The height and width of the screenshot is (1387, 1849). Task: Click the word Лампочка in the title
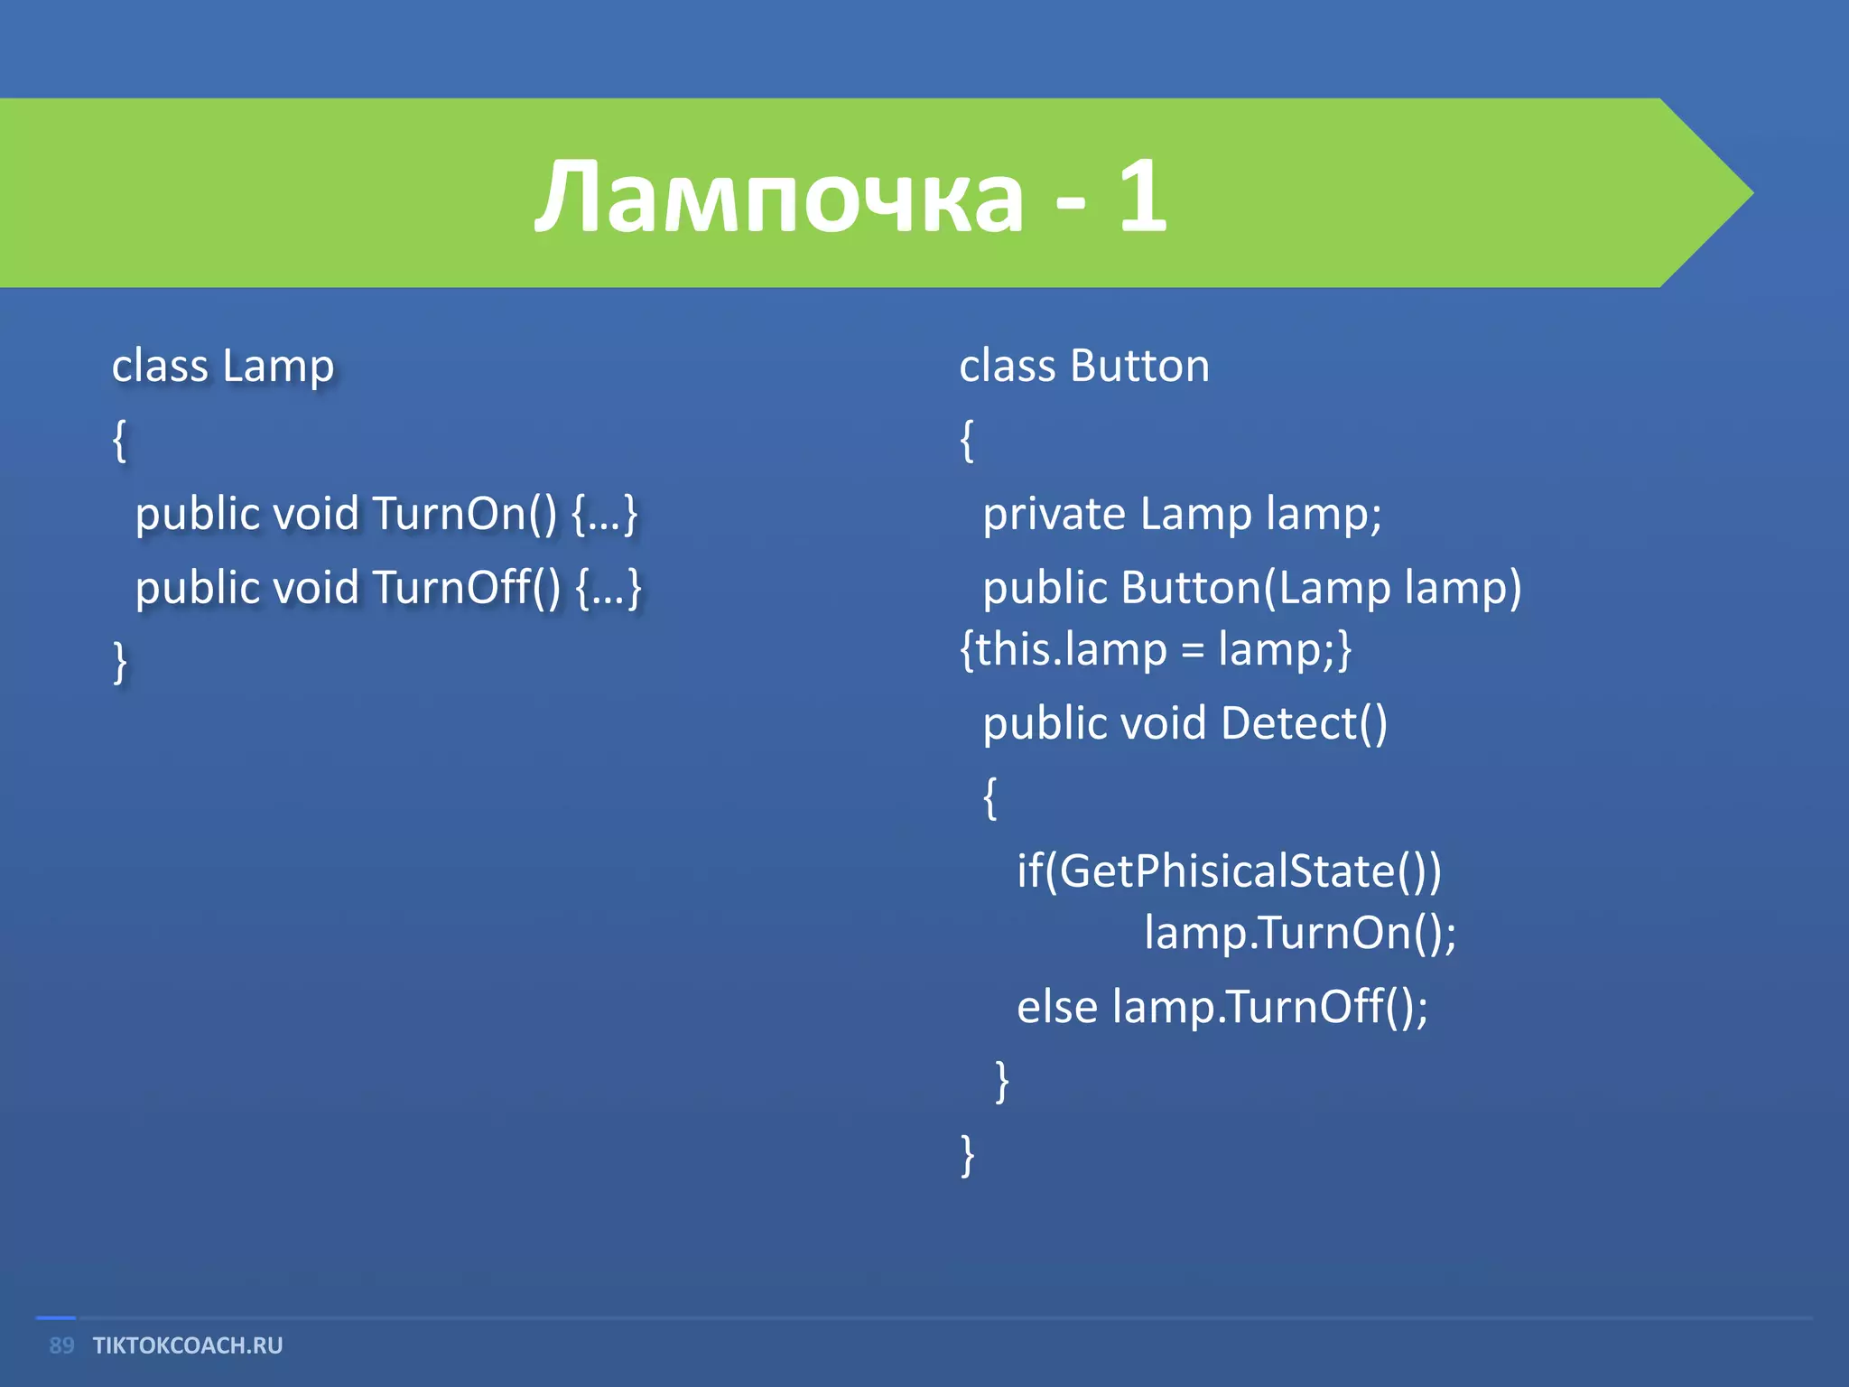(x=778, y=197)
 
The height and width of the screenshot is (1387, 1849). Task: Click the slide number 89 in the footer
(x=61, y=1345)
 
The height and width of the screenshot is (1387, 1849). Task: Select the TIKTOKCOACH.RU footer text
(x=188, y=1345)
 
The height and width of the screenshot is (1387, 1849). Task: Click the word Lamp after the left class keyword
(x=278, y=367)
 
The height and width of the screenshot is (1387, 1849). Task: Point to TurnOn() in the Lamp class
(x=464, y=514)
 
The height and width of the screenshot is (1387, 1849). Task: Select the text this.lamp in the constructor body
(x=1071, y=649)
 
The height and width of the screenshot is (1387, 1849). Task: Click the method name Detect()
(x=1304, y=723)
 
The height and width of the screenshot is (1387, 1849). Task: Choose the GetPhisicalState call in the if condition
(x=1228, y=871)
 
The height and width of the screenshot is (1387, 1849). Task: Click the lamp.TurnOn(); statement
(x=1300, y=933)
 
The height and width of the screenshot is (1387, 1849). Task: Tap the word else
(x=1056, y=1007)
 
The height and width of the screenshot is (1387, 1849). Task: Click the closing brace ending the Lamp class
(x=120, y=662)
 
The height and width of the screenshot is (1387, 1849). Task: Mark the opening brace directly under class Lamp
(x=119, y=441)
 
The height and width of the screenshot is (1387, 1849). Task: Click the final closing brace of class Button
(x=967, y=1155)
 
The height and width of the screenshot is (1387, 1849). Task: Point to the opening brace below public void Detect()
(x=990, y=797)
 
